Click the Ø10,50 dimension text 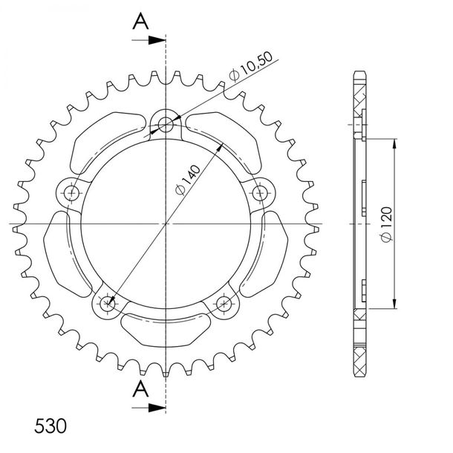[251, 66]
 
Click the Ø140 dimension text [188, 180]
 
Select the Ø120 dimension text [387, 224]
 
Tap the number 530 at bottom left [50, 426]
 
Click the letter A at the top [140, 21]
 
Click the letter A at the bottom [140, 388]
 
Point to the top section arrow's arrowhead [157, 40]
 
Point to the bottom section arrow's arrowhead [157, 408]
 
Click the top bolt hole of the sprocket [166, 125]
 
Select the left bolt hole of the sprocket [71, 193]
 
